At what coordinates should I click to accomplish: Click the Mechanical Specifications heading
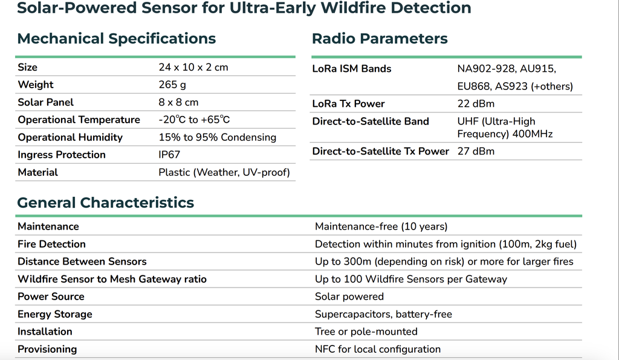117,39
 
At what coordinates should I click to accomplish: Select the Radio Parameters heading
380,39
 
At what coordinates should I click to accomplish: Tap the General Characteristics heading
105,203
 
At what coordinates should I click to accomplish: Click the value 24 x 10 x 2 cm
193,68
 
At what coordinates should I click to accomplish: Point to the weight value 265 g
172,85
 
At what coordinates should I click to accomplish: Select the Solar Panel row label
46,103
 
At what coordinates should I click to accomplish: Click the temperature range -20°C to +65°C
194,120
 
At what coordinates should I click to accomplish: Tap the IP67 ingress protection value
169,155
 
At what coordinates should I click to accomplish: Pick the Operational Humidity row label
70,137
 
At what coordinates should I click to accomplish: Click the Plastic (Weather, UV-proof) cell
224,172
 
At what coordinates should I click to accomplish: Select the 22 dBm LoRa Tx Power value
476,104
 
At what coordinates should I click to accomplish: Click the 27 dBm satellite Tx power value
476,152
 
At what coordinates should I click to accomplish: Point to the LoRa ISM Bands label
352,69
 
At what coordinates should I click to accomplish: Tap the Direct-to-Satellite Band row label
371,121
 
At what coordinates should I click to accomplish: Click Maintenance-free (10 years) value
381,227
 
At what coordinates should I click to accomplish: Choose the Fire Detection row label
52,244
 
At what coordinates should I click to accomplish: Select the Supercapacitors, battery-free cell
383,314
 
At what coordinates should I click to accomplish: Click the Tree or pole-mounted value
366,332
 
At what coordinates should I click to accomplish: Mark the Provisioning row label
47,349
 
